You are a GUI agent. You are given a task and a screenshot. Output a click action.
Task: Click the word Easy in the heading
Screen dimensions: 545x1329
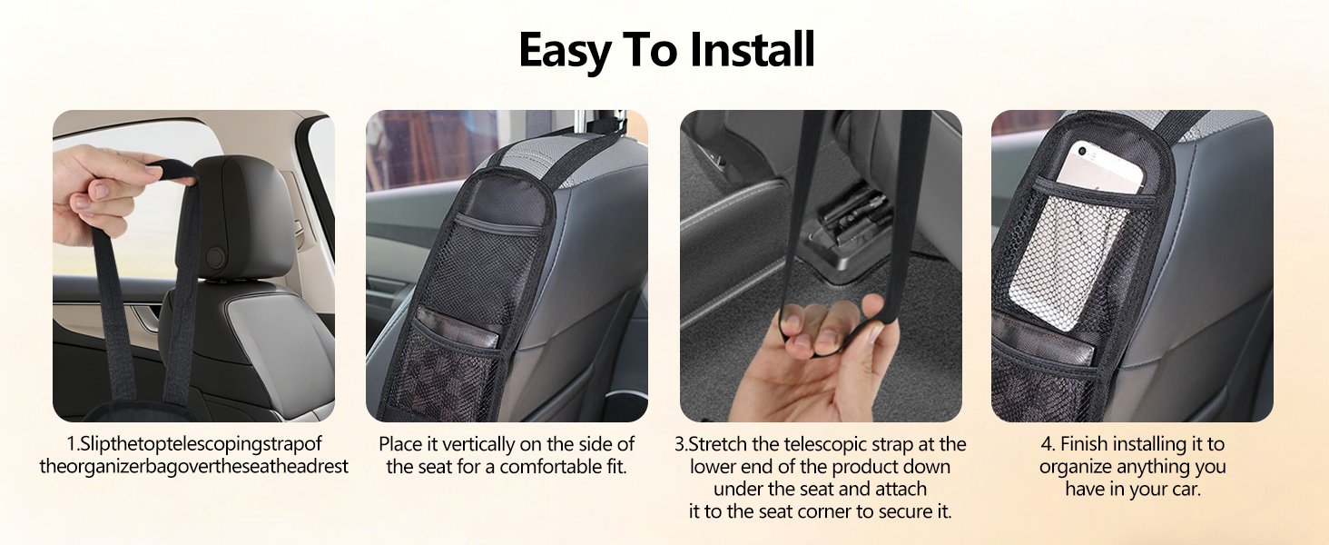coord(564,51)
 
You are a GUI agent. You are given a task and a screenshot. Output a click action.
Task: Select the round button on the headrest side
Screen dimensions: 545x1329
coord(216,257)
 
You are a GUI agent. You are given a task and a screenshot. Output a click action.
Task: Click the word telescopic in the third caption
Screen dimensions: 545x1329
coord(825,444)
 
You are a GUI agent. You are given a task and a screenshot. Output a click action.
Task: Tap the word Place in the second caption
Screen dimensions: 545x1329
coord(400,444)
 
